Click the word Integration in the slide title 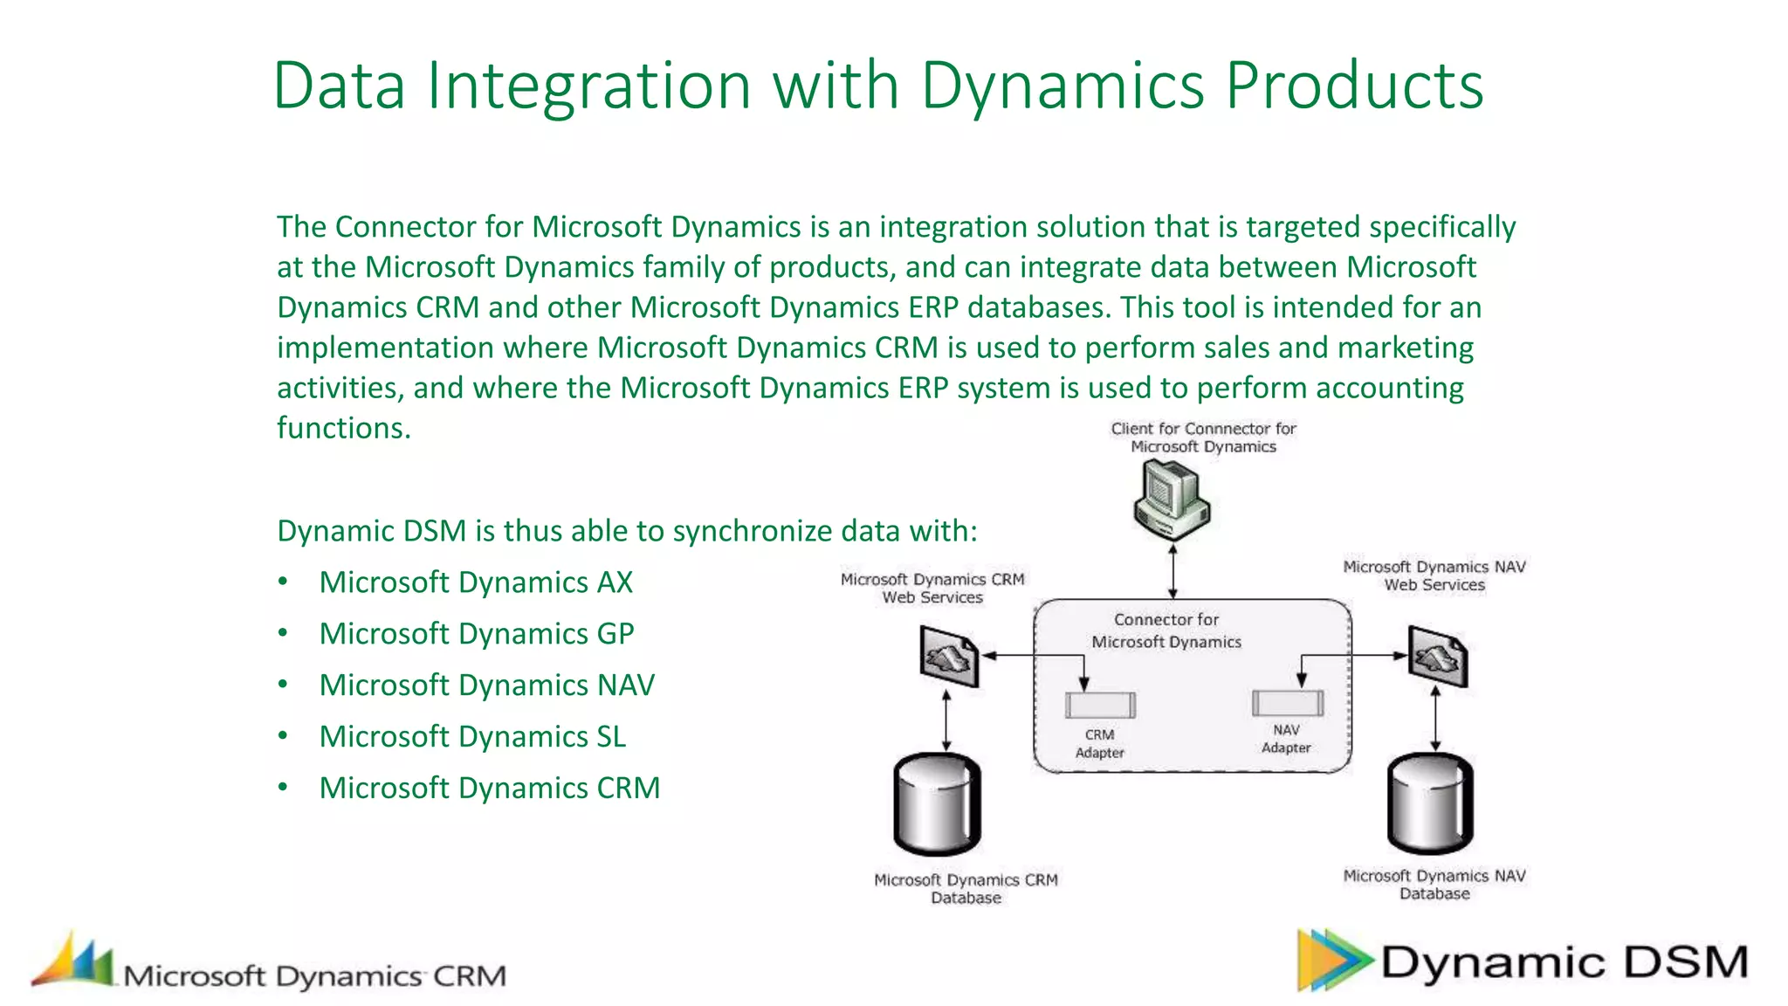(588, 86)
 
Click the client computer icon (1172, 500)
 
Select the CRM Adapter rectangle (1100, 705)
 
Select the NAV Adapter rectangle (1287, 702)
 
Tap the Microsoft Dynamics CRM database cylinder (938, 803)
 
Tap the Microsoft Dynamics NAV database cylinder (1430, 803)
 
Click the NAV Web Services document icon (1437, 657)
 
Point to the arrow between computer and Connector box (1173, 572)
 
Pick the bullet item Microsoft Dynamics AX (475, 582)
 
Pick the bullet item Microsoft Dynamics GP (476, 634)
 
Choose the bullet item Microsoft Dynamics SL (471, 737)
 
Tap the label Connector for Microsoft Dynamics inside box (1166, 630)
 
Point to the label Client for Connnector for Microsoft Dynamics (1202, 438)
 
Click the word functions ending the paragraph (342, 428)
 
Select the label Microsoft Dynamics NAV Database (1434, 885)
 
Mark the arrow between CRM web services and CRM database (946, 720)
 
